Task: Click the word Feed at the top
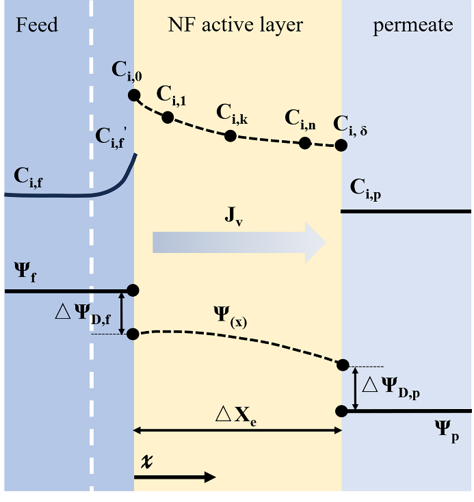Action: click(x=37, y=26)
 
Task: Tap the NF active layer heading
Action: click(x=235, y=26)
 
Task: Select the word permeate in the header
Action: click(x=412, y=26)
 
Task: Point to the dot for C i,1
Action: click(x=168, y=117)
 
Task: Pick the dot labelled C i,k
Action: click(x=231, y=135)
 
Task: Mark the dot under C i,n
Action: click(x=305, y=143)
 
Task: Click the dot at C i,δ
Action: click(x=340, y=145)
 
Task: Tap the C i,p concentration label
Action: click(x=365, y=187)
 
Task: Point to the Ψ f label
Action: click(x=26, y=274)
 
